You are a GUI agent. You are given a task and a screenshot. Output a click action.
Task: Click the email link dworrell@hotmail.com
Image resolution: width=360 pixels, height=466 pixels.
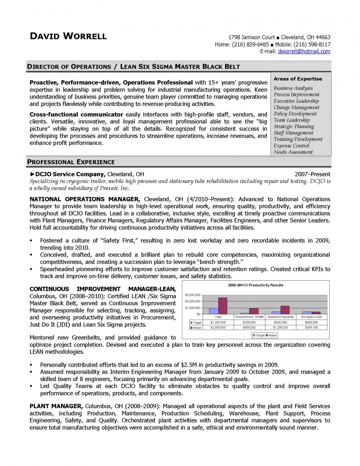coord(304,51)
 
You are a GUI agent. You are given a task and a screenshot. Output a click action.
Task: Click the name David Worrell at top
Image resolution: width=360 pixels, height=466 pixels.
coord(68,36)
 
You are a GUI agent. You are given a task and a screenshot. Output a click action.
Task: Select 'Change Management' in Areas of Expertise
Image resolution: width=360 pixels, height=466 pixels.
coord(296,107)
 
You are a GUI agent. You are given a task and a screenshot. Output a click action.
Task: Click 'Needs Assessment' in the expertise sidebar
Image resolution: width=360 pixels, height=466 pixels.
coord(293,152)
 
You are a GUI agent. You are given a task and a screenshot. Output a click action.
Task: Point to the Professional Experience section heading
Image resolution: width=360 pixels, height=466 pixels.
coord(71,162)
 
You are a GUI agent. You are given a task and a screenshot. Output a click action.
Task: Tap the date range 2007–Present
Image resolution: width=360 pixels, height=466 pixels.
coord(312,174)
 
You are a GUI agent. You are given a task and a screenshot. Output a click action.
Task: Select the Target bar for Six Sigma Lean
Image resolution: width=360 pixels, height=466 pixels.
coord(307,313)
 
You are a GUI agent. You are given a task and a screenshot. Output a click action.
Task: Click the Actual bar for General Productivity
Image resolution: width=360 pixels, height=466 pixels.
coord(285,310)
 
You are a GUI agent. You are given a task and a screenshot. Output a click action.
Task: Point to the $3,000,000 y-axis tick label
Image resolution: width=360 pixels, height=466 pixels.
coord(192,295)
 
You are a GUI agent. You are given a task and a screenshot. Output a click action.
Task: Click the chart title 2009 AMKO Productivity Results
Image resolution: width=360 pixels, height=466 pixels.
coord(256,285)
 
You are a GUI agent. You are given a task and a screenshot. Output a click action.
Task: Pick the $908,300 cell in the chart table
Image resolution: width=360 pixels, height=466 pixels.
coord(249,328)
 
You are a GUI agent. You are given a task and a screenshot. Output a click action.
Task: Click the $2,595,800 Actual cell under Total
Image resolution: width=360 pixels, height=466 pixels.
coord(218,328)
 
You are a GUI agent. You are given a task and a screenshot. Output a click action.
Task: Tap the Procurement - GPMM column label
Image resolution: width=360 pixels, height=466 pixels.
coord(249,317)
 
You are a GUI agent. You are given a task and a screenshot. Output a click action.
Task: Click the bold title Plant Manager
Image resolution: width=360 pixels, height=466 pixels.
coord(56,406)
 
